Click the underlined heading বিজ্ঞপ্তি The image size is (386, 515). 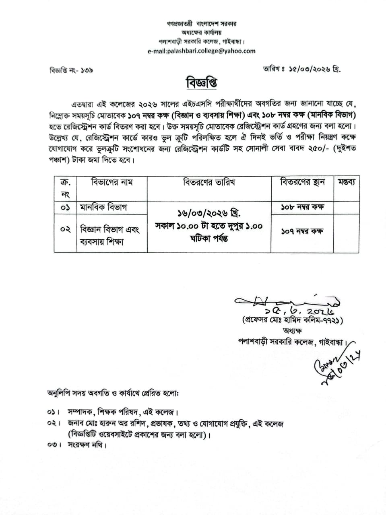(202, 83)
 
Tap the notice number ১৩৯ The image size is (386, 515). (87, 70)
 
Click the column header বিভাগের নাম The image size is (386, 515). (112, 182)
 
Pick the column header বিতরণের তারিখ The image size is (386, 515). (209, 182)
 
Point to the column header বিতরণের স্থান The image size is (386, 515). (302, 182)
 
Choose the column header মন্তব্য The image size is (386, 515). (346, 182)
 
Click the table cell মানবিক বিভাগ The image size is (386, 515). (103, 208)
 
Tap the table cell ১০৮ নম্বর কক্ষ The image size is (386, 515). (302, 207)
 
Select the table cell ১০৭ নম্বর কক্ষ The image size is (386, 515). (302, 231)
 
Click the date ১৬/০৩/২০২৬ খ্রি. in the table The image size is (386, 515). (209, 213)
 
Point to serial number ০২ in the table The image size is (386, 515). (65, 229)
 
